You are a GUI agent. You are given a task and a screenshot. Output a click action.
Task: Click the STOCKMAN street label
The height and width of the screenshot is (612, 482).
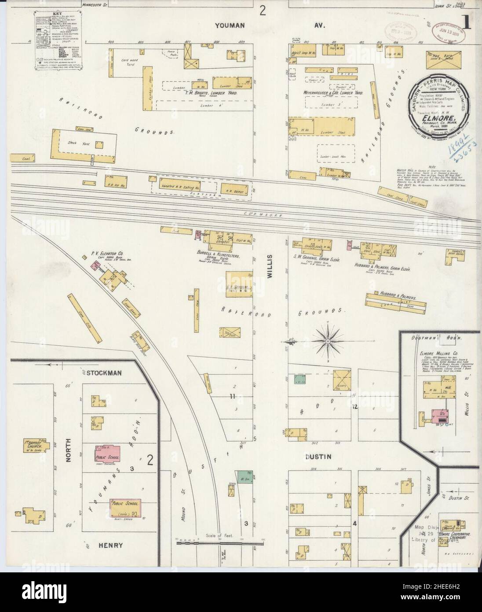coord(104,372)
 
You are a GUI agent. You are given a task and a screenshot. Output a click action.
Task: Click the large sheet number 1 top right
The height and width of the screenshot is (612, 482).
coord(465,23)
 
